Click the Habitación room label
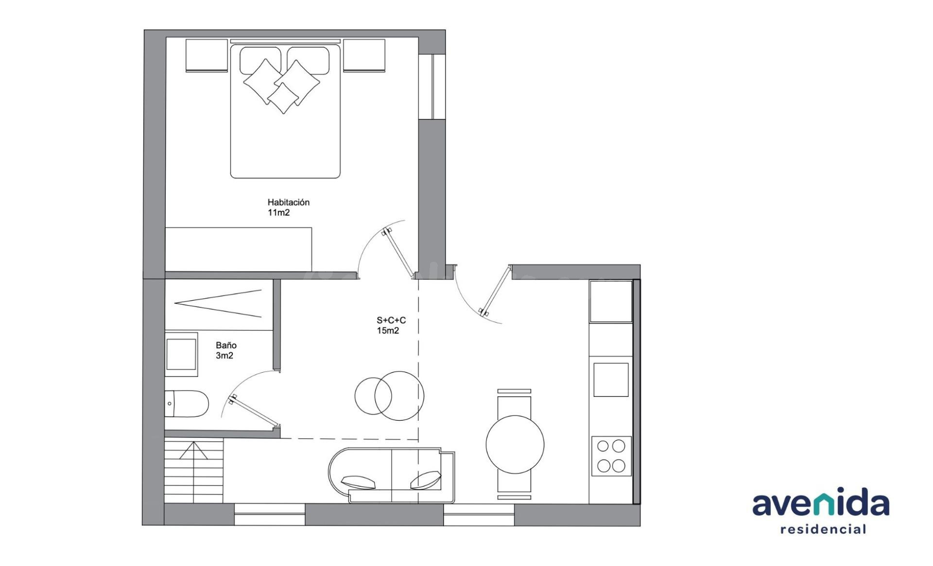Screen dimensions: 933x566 [288, 202]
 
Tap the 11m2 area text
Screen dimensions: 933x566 [278, 213]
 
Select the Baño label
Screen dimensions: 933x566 [226, 345]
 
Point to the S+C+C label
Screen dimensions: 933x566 [391, 321]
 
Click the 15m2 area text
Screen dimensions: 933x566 [388, 331]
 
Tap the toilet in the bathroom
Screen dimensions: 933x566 [187, 403]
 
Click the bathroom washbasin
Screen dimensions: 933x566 [181, 355]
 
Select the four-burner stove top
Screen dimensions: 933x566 [611, 456]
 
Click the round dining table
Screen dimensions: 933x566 [515, 444]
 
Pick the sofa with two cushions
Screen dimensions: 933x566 [392, 475]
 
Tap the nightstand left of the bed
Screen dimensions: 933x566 [207, 56]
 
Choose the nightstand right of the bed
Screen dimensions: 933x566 [364, 56]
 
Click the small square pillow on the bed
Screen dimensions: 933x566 [283, 98]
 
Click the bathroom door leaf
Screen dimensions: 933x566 [254, 411]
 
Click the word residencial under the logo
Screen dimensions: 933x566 [823, 529]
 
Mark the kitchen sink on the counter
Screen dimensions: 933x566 [611, 379]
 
